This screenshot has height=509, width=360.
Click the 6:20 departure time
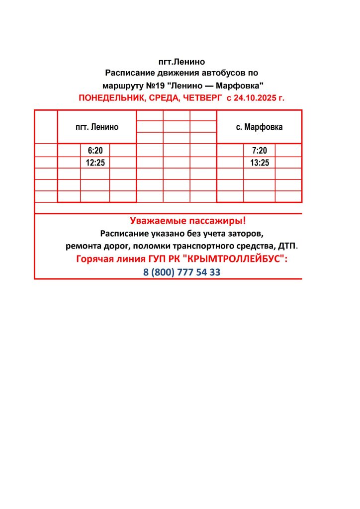[95, 151]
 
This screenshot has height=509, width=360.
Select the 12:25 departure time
[95, 163]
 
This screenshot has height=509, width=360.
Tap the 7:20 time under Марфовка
[260, 151]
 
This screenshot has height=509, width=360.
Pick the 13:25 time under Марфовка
[260, 163]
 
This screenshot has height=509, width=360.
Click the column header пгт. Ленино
[97, 127]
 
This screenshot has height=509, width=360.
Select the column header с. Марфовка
[259, 127]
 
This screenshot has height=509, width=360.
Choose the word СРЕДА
[162, 98]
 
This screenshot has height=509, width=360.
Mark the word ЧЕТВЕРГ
[200, 98]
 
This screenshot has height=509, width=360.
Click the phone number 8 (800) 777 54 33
[181, 272]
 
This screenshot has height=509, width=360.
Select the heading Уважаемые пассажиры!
[188, 221]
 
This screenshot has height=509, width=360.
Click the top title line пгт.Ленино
[181, 62]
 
